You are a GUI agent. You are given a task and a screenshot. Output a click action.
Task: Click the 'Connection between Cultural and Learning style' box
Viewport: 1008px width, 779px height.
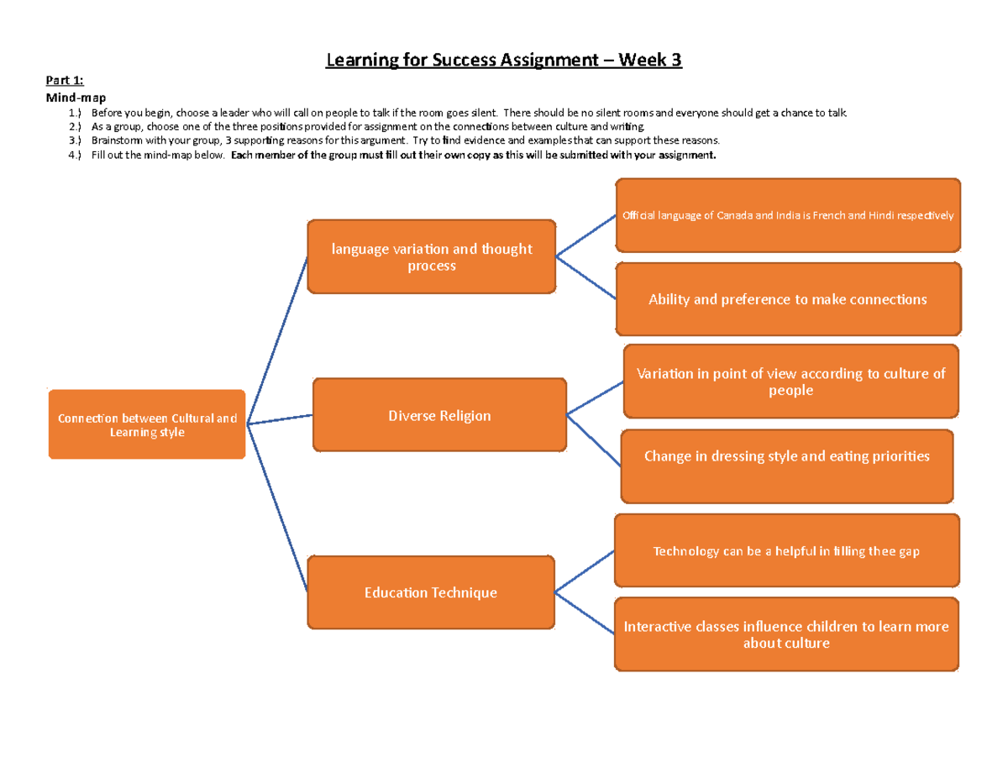(x=147, y=424)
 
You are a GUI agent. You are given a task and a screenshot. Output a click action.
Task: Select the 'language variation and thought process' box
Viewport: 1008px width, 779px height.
(x=431, y=256)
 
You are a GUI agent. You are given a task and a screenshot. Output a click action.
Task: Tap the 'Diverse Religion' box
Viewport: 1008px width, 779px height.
(x=439, y=415)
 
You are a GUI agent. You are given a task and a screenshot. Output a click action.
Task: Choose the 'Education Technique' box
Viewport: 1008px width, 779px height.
(x=431, y=592)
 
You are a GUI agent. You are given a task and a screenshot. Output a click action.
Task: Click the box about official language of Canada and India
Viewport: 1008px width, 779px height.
(x=787, y=215)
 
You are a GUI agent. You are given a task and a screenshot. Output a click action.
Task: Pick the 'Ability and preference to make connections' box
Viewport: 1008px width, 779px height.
(x=787, y=299)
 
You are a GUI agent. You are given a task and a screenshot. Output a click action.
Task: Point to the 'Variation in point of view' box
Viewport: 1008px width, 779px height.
(x=790, y=382)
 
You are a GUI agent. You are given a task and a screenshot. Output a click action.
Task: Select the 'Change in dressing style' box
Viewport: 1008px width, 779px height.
(x=787, y=456)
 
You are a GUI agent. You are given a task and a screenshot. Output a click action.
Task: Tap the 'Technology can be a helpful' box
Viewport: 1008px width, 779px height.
(x=786, y=551)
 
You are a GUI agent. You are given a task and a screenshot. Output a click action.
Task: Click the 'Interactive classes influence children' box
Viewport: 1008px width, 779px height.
(x=786, y=634)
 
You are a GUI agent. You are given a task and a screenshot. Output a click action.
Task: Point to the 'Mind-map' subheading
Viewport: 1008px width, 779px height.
(x=75, y=97)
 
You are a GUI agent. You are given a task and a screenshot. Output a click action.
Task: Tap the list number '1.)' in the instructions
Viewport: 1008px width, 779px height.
(x=76, y=113)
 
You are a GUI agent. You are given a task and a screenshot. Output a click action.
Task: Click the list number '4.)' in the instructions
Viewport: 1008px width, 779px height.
(x=76, y=155)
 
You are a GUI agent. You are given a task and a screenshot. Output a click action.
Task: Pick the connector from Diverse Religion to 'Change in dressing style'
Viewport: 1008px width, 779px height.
(x=595, y=439)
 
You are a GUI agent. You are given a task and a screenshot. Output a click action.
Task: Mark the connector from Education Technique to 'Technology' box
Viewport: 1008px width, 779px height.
(x=585, y=572)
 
